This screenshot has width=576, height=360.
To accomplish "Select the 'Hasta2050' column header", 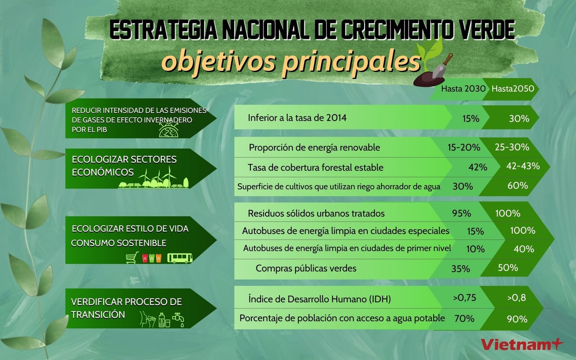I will [x=513, y=89].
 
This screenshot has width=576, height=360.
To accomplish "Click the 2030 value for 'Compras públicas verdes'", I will [x=461, y=268].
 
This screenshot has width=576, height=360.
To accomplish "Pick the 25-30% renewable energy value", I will [x=513, y=147].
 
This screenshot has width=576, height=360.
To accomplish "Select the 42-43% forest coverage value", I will [x=523, y=166].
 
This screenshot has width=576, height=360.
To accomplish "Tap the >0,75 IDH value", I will [x=464, y=298].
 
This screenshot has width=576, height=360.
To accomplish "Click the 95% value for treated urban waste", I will [x=461, y=213].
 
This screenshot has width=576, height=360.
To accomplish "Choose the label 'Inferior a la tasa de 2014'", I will [x=297, y=118].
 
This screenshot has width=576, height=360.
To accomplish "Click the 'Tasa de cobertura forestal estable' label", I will [x=315, y=167].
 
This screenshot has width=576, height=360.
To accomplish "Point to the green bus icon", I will [x=180, y=258].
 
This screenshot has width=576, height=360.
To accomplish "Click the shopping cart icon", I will [x=132, y=258].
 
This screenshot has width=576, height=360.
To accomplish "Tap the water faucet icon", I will [x=179, y=317].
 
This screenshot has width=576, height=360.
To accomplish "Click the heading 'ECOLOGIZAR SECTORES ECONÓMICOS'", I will [x=124, y=165].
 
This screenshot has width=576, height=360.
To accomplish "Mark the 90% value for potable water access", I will [x=517, y=319].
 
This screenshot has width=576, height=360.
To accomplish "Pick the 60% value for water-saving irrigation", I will [x=518, y=186].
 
